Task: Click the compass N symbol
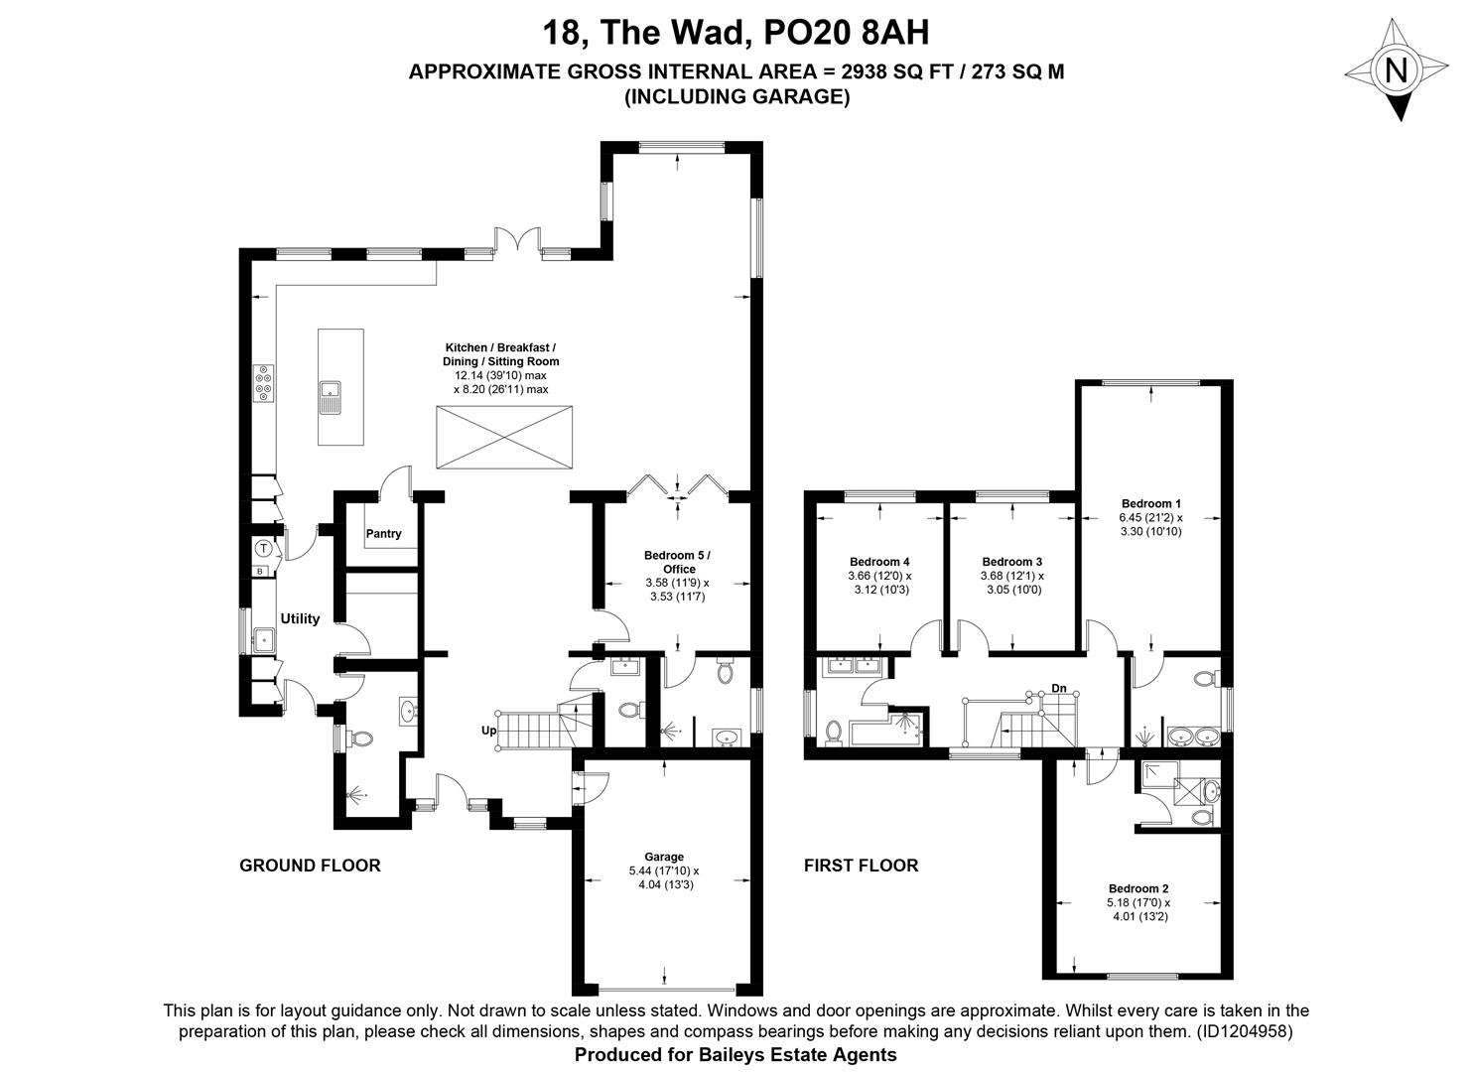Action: coord(1397,69)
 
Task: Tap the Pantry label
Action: coord(383,534)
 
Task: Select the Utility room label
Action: coord(300,618)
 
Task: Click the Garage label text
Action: coord(664,857)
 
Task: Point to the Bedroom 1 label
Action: coord(1150,503)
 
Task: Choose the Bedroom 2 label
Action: coord(1138,888)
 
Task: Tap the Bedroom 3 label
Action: coord(1012,561)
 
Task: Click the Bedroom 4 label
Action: coord(879,561)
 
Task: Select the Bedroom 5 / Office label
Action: coord(678,562)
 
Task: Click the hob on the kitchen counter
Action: coord(264,382)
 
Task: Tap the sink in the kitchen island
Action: coord(330,398)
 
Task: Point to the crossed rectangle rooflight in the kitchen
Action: coord(504,437)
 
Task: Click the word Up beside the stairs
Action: coord(489,731)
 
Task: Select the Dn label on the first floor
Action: coord(1059,688)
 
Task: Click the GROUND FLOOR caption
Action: coord(310,865)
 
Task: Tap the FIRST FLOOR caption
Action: coord(861,865)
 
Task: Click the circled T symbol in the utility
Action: coord(263,548)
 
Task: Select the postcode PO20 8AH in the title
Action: coord(847,33)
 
